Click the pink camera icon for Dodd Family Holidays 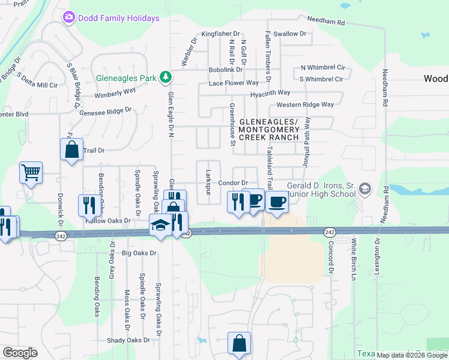pos(69,17)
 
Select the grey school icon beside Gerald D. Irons pos(364,190)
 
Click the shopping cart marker pos(31,173)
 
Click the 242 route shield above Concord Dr pos(330,232)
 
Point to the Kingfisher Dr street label pos(220,34)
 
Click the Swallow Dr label pos(286,34)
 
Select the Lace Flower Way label pos(234,83)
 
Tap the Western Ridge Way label pos(305,104)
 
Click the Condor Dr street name pos(233,182)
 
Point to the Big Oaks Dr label pos(139,253)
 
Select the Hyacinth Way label pos(270,93)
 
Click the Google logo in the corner pos(20,353)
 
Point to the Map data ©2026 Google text pos(412,355)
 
